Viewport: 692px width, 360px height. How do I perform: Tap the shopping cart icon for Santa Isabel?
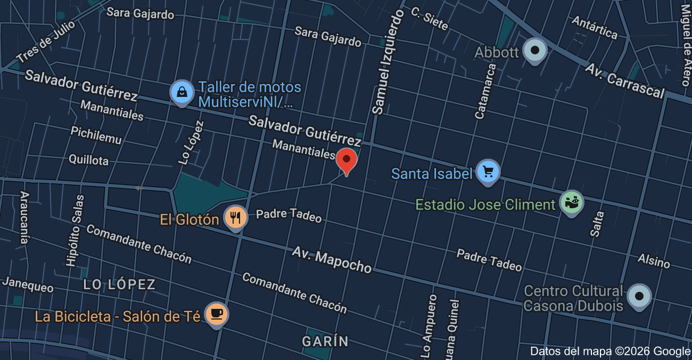tap(488, 172)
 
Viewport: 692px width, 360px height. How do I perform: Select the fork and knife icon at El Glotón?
tap(235, 218)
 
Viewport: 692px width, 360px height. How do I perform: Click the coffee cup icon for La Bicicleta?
tap(216, 314)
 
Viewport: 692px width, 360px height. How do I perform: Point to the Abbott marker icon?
tap(535, 51)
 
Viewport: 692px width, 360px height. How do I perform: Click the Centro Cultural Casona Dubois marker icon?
tap(639, 296)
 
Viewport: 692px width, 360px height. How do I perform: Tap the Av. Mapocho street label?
tap(331, 259)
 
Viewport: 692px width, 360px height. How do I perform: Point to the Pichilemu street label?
tap(96, 135)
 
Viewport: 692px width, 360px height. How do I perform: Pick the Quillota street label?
tap(88, 159)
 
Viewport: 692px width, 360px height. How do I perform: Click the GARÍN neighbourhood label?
tap(325, 341)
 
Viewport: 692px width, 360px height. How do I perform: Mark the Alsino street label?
tap(654, 260)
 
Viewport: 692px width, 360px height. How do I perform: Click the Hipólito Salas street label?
tap(75, 230)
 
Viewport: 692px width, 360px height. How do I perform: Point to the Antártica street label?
tap(595, 28)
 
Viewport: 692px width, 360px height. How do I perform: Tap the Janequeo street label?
tap(28, 284)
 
